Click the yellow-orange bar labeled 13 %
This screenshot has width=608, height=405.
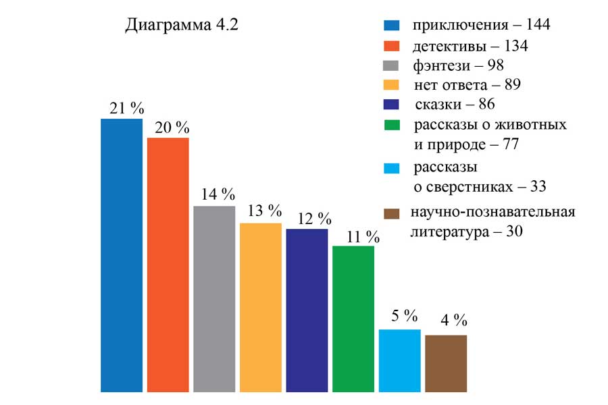click(261, 307)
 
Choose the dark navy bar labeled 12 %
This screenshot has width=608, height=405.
click(307, 310)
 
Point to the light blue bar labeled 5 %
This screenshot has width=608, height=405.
click(400, 360)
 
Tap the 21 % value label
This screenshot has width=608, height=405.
click(127, 108)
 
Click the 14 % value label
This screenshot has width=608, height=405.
click(218, 195)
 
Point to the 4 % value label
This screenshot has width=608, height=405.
click(451, 320)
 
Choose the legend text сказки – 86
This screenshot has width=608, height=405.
click(455, 105)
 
